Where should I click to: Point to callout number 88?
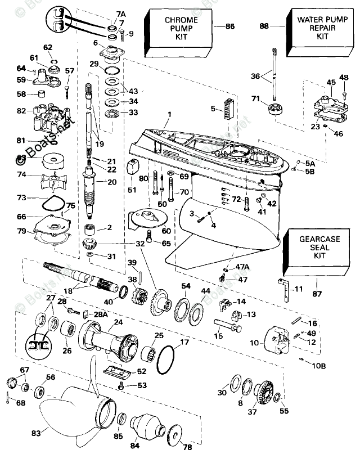click(x=264, y=26)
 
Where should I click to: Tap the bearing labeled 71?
click(x=276, y=109)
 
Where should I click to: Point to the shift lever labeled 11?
click(x=286, y=285)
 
